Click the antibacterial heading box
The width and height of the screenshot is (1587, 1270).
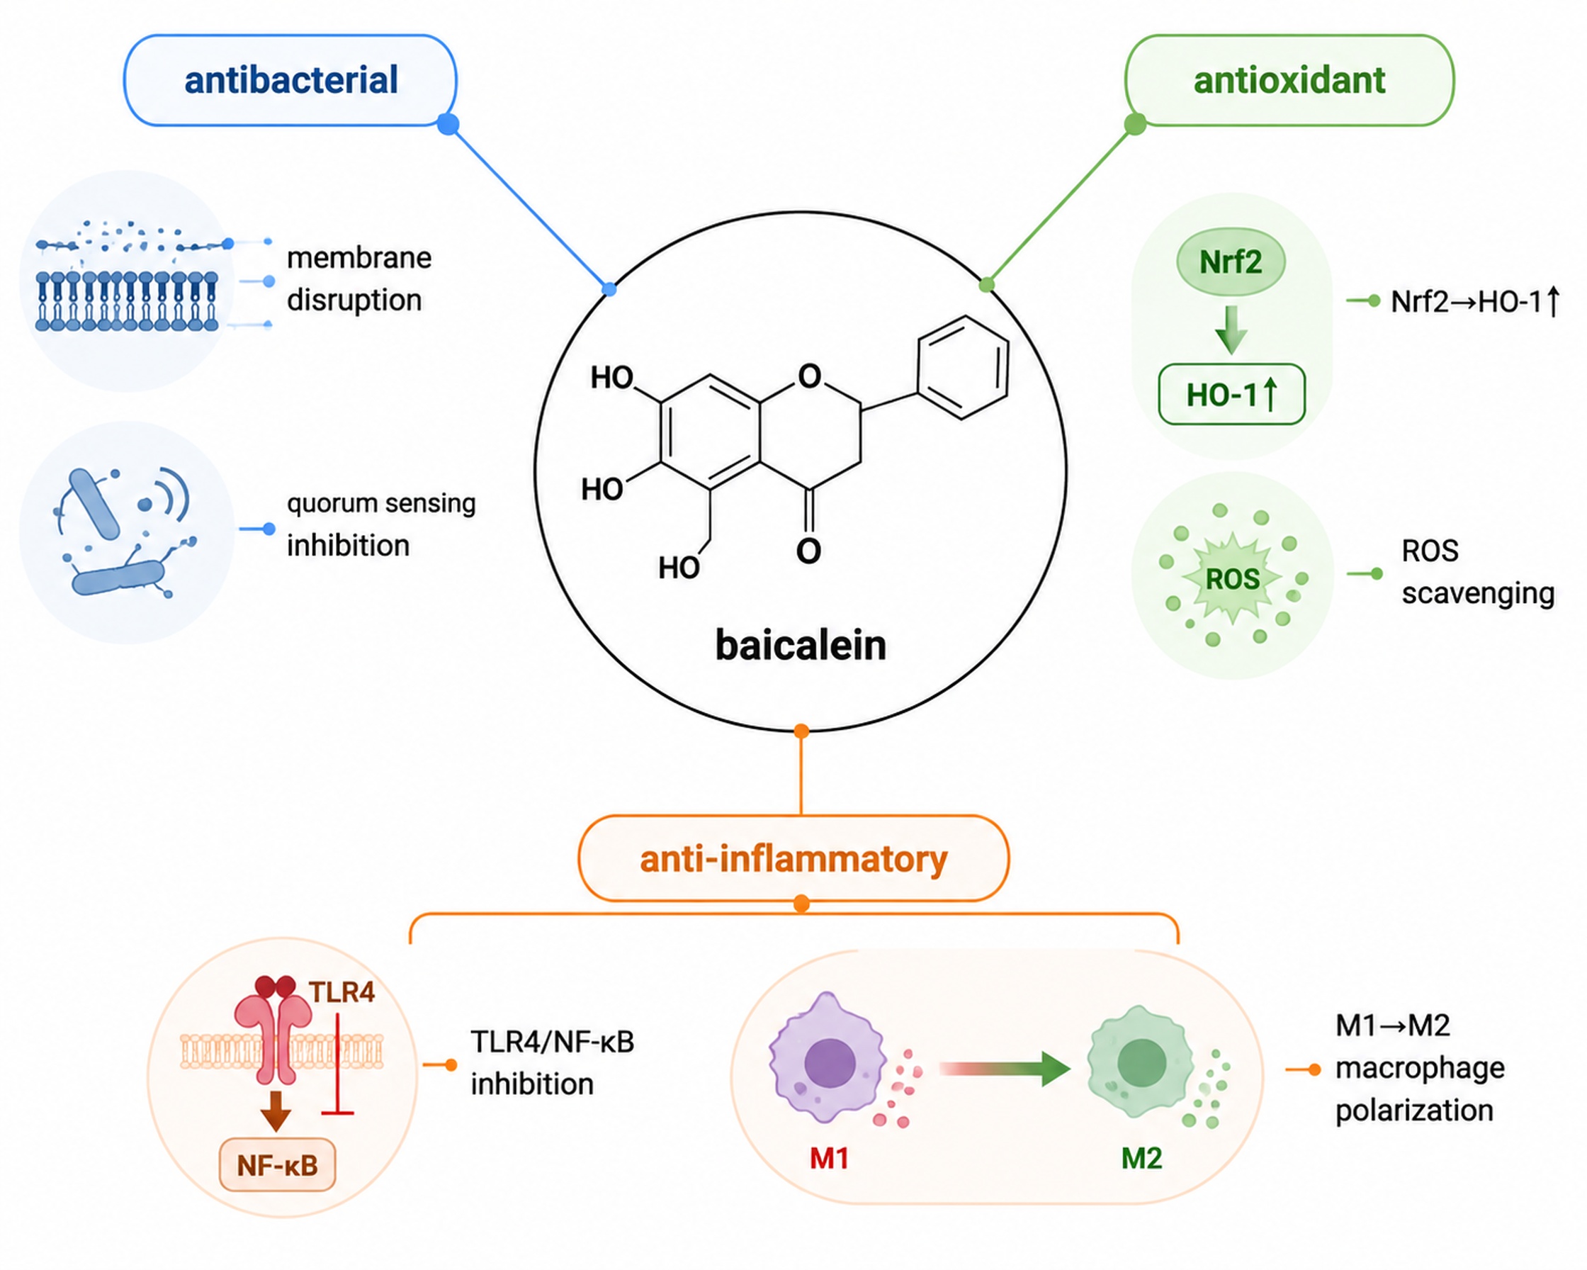pos(290,80)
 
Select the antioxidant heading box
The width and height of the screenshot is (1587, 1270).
pos(1289,80)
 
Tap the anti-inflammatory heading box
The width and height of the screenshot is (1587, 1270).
pos(793,858)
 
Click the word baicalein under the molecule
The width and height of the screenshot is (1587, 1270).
pos(801,646)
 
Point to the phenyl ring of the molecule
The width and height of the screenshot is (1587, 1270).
pos(963,368)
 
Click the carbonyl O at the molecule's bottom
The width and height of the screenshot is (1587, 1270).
pos(809,551)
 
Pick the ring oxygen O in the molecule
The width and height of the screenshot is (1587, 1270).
pos(810,376)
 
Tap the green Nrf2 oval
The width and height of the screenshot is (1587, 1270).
pos(1231,262)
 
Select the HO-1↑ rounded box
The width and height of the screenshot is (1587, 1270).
pos(1231,395)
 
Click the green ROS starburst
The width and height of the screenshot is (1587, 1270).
pos(1233,579)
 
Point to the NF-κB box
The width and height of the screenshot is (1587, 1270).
pos(278,1164)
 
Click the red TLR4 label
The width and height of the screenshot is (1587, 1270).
pos(342,992)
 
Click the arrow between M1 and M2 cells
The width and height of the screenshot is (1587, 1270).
pos(1005,1069)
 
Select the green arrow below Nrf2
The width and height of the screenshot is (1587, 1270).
pos(1231,329)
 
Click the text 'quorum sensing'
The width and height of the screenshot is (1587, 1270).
pos(381,504)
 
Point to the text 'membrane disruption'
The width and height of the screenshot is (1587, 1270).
pos(359,279)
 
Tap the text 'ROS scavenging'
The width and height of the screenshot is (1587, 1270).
pos(1478,572)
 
